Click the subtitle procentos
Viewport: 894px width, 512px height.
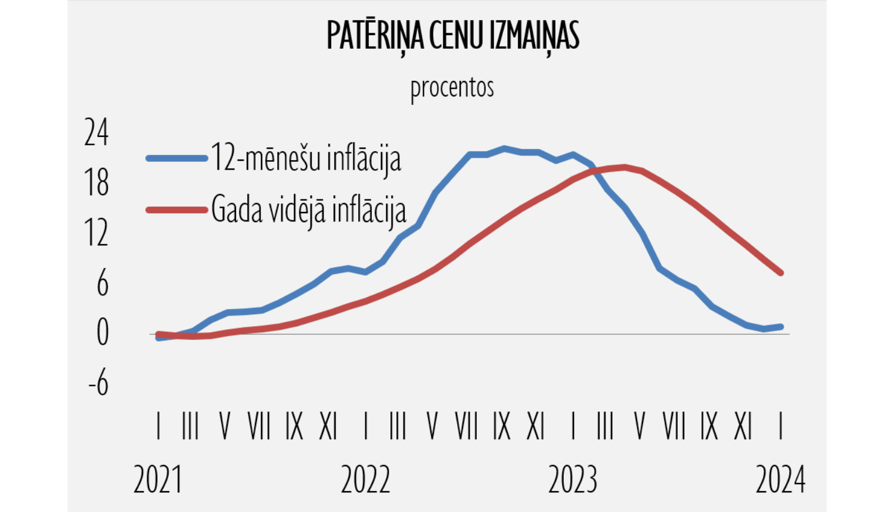452,88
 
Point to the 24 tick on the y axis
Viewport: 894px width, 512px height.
97,132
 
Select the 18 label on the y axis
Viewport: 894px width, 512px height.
97,183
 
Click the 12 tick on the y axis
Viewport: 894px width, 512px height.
97,233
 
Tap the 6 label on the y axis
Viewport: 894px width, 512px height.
103,283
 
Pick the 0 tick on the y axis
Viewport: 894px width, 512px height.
103,333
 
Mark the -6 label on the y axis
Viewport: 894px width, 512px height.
99,383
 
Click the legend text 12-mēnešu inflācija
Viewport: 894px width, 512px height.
306,158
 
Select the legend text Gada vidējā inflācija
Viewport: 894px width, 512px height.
308,210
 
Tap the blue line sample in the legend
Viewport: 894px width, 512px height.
176,158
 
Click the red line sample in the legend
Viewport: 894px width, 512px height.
176,210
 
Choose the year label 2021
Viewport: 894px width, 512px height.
158,480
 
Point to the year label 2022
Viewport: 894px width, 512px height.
365,480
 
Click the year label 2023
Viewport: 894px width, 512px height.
573,480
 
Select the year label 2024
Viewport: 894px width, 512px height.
780,480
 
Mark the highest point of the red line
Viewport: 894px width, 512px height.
625,167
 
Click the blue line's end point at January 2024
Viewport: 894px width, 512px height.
781,326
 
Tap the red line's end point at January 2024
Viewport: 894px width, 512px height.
781,273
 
